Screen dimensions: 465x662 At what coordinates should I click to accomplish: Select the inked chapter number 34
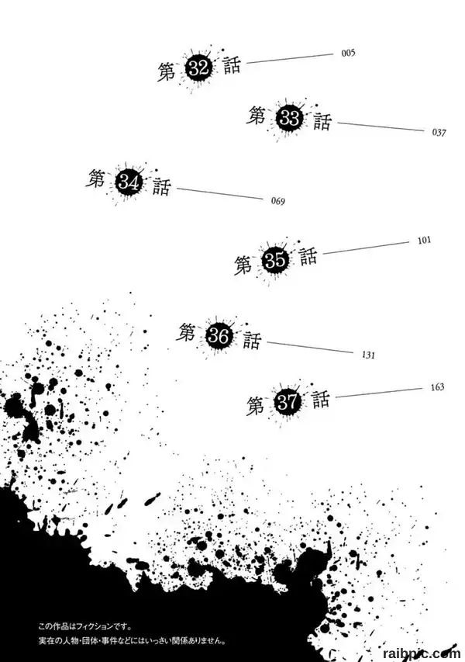pos(128,183)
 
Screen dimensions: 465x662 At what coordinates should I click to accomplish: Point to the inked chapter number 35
pos(275,260)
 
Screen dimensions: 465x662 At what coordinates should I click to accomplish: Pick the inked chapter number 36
pos(219,337)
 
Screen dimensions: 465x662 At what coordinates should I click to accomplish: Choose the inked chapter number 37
pos(288,402)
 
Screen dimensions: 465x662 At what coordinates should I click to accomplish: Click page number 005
pos(348,54)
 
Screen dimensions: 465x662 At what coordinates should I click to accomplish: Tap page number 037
pos(439,133)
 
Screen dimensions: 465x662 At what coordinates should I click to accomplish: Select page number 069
pos(278,201)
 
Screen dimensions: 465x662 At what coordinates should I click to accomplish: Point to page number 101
pos(424,241)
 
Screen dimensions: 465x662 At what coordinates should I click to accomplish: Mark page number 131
pos(368,355)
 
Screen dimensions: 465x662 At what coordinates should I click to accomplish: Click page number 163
pos(438,387)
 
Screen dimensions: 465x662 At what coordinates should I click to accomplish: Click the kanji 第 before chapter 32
pos(167,71)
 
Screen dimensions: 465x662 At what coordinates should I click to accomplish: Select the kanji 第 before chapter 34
pos(95,178)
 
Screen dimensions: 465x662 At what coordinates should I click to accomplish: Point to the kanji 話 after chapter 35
pos(309,256)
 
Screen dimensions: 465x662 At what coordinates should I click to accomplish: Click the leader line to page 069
pos(219,193)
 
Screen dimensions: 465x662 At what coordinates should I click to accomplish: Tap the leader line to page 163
pos(378,393)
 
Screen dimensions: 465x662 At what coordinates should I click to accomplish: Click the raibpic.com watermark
pos(422,654)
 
